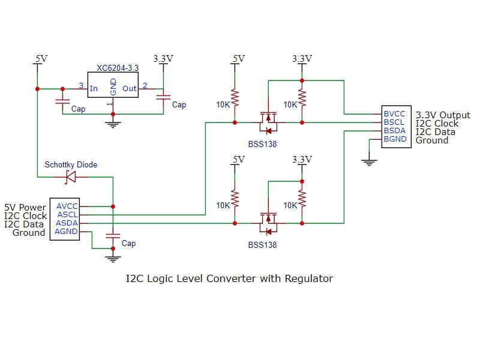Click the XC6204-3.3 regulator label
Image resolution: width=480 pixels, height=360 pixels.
point(118,68)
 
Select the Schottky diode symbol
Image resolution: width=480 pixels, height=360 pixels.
point(71,176)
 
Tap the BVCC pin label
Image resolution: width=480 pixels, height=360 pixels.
point(394,113)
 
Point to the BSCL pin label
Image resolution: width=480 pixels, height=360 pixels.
point(394,122)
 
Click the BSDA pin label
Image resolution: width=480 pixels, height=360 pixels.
point(394,130)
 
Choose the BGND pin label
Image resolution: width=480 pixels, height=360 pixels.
point(395,139)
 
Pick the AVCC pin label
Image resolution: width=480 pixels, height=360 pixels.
point(67,206)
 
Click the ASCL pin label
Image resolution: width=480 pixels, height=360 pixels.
point(67,214)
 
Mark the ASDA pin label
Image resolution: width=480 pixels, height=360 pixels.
point(67,223)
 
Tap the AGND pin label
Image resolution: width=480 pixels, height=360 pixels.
point(67,231)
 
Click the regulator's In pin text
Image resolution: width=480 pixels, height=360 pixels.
point(94,89)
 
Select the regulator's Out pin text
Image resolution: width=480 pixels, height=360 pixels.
point(130,89)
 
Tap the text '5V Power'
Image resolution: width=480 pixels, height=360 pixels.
point(25,208)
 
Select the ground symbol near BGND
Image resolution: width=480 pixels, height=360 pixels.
point(369,160)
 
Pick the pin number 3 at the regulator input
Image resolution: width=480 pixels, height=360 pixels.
point(82,85)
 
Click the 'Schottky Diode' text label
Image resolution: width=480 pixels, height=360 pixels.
point(71,164)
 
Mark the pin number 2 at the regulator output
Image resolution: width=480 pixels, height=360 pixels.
point(145,85)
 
